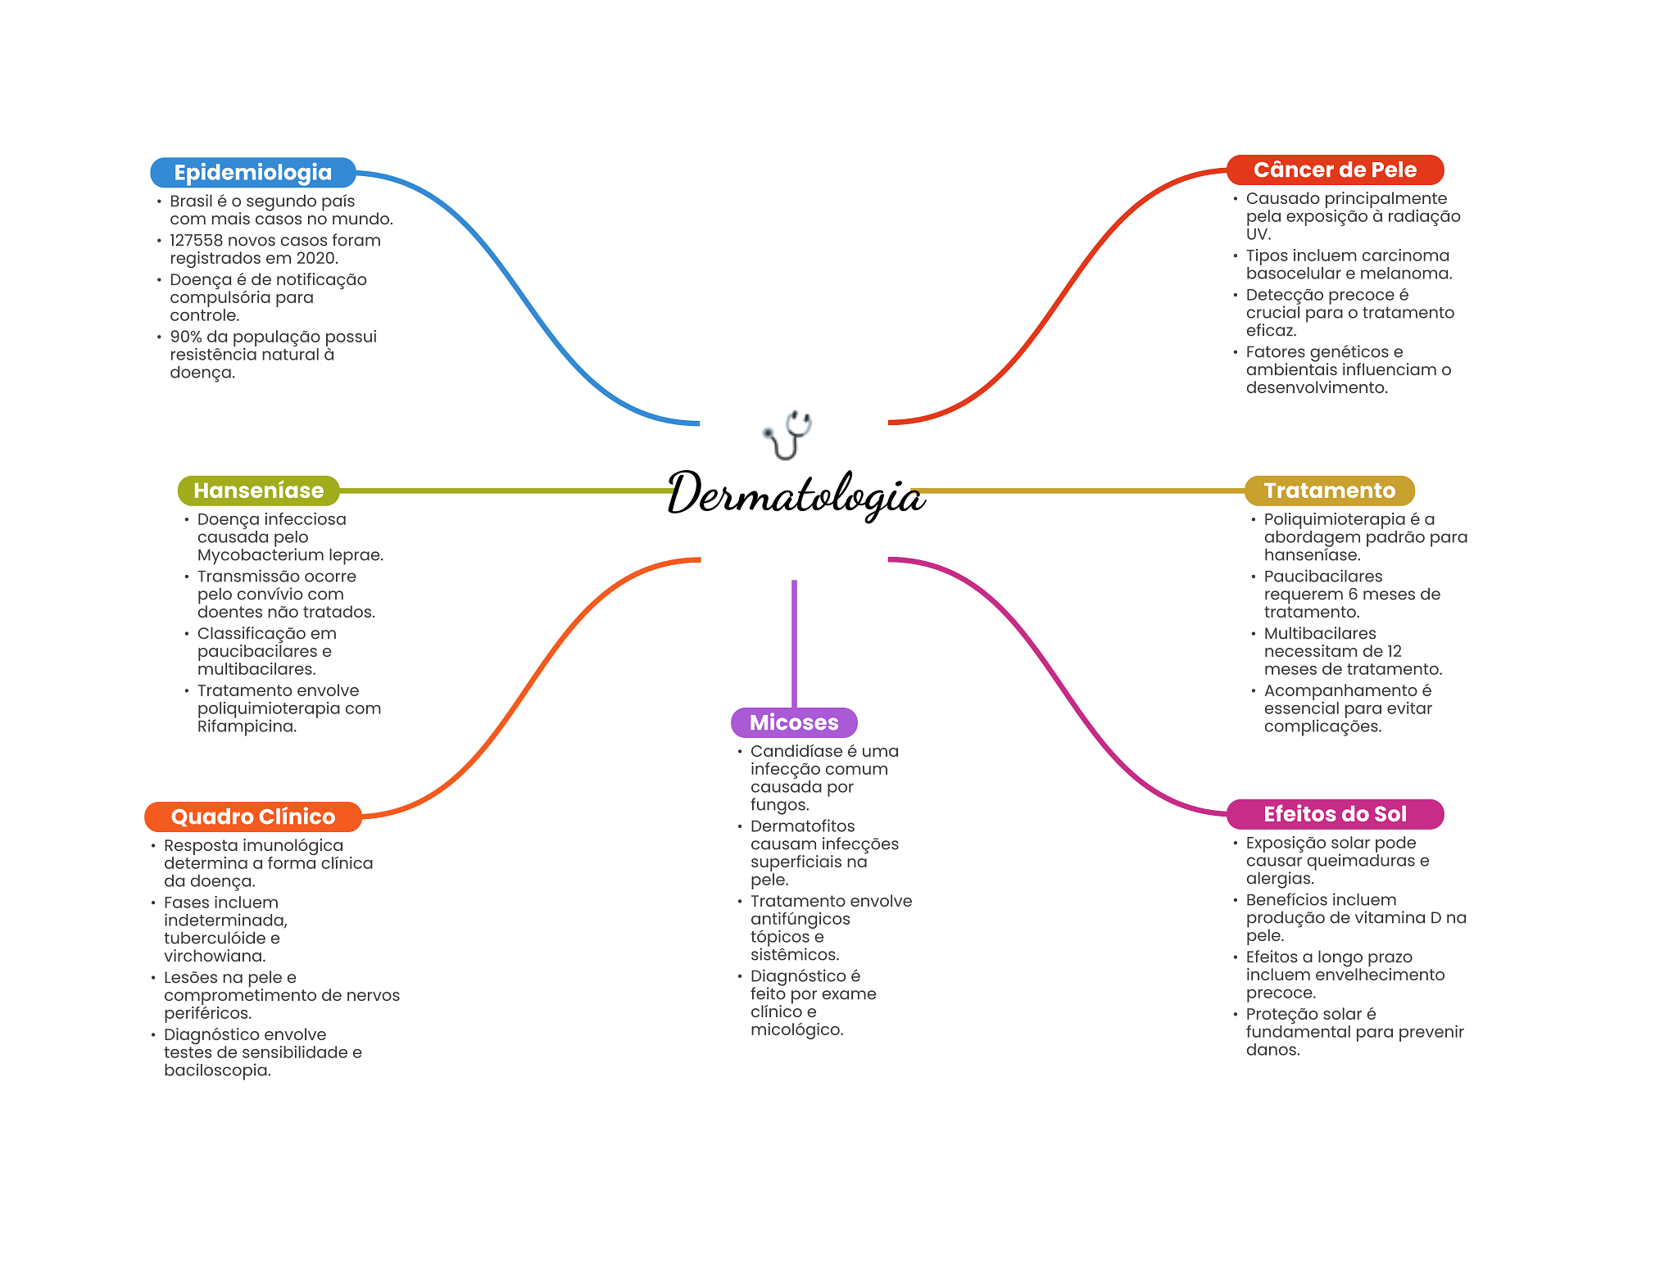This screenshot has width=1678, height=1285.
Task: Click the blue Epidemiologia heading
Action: point(252,172)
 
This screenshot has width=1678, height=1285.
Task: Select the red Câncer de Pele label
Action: point(1335,170)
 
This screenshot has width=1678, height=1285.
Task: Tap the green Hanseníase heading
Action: point(258,491)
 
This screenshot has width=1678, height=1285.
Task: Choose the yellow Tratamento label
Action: point(1329,491)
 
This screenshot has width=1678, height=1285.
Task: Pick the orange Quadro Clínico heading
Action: point(252,817)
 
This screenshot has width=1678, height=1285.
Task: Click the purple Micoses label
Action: point(794,722)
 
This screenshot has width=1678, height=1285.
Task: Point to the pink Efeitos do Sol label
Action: point(1335,814)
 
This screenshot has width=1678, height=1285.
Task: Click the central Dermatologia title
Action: point(796,494)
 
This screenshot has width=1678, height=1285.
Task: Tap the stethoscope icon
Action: point(788,434)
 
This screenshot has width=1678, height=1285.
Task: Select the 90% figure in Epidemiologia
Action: point(185,337)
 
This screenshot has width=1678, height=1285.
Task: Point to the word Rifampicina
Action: point(246,726)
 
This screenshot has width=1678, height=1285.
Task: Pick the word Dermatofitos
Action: point(802,826)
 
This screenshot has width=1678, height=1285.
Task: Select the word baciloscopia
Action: point(216,1070)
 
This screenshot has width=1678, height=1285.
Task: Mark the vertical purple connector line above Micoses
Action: point(794,643)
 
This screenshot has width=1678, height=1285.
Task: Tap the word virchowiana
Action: point(215,957)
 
